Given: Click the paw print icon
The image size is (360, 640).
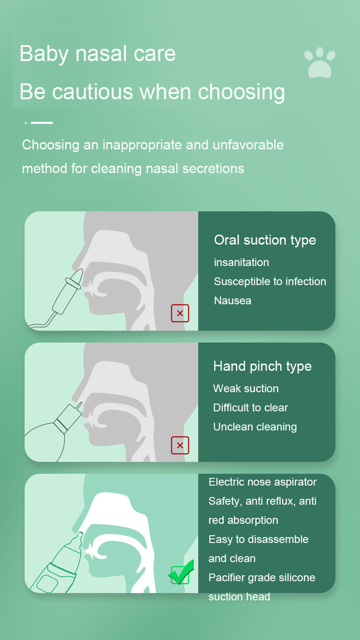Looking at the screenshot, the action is [320, 62].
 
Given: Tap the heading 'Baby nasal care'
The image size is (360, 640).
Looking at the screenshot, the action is [98, 54].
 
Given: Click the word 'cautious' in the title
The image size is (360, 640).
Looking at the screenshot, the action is [93, 92].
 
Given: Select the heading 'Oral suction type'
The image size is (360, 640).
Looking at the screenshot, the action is [265, 241].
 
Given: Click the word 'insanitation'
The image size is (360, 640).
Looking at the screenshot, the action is [242, 262].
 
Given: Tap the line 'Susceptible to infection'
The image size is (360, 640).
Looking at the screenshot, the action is [270, 282].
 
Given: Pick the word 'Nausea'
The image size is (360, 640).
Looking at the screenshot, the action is [232, 301].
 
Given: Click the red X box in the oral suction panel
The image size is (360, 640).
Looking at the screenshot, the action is [180, 313].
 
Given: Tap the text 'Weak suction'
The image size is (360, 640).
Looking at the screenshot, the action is [246, 389].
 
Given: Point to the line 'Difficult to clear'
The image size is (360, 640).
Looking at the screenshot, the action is [250, 408].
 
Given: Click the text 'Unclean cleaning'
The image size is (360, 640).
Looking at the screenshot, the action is [255, 427].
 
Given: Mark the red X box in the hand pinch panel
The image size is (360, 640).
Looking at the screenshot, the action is [180, 445].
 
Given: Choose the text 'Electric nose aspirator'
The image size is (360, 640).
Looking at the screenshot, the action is [262, 482].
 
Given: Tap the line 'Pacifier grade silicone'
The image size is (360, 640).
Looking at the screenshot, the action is [262, 578].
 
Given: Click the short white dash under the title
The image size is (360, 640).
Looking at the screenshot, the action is [42, 123].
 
